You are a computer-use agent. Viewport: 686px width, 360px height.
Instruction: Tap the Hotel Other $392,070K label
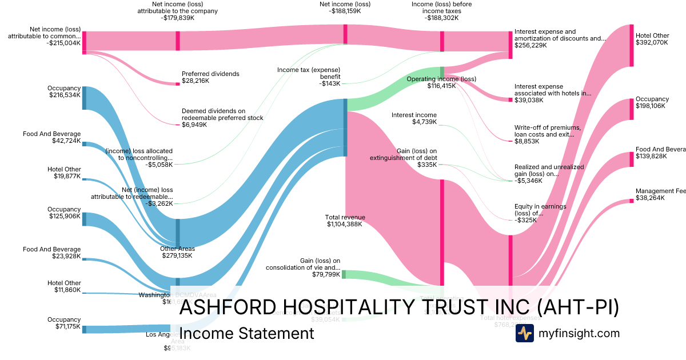[x=652, y=39]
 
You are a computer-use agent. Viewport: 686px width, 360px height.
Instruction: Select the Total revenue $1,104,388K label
[x=345, y=221]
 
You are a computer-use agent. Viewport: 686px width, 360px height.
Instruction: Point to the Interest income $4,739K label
[x=414, y=118]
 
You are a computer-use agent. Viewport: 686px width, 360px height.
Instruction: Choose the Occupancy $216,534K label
[x=65, y=91]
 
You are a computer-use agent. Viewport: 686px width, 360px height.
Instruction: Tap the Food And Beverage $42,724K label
[x=52, y=137]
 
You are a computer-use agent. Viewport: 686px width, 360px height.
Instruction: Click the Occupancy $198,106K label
[x=652, y=103]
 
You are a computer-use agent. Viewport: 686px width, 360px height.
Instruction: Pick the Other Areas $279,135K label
[x=177, y=252]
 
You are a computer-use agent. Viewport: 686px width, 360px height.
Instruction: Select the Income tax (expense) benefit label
[x=309, y=76]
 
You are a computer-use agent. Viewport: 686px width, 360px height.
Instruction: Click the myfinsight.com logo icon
[x=524, y=333]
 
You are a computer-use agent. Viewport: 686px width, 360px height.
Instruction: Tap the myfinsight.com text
[x=579, y=333]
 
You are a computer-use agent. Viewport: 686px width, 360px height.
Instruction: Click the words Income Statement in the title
[x=246, y=333]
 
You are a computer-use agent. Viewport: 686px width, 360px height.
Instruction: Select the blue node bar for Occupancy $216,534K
[x=84, y=98]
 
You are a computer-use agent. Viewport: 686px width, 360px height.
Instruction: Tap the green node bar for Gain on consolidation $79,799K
[x=344, y=274]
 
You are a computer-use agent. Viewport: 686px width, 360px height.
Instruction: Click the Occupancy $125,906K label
[x=65, y=213]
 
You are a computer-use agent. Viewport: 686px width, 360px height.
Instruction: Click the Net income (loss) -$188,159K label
[x=345, y=7]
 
